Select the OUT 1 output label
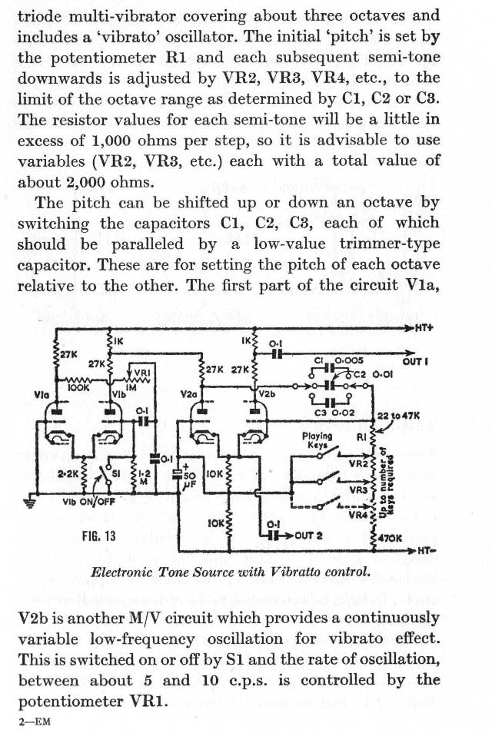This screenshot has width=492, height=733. pyautogui.click(x=415, y=360)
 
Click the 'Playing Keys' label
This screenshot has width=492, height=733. pyautogui.click(x=317, y=439)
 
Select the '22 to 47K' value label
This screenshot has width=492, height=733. pyautogui.click(x=399, y=416)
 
